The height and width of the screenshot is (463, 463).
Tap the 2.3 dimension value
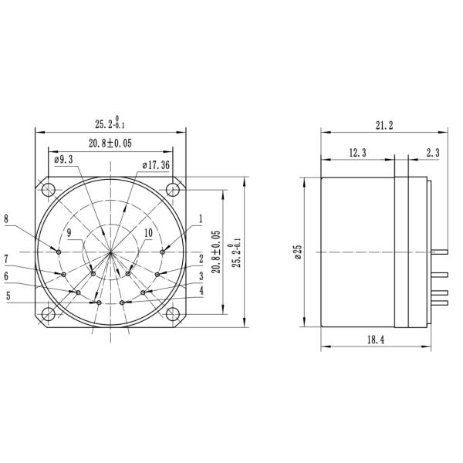[x=432, y=154]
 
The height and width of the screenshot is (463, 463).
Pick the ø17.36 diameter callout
[x=157, y=165]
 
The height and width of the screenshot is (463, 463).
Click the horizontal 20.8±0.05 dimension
[x=110, y=143]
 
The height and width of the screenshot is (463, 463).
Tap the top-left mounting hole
[x=49, y=190]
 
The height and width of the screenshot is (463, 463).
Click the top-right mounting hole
[x=172, y=190]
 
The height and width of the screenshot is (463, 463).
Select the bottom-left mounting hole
[x=49, y=314]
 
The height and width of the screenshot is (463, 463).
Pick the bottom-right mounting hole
[x=172, y=314]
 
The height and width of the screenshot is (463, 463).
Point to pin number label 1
[x=201, y=218]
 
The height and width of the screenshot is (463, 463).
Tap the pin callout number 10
[x=148, y=232]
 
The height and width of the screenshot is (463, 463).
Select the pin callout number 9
[x=69, y=232]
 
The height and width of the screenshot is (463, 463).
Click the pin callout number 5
[x=9, y=295]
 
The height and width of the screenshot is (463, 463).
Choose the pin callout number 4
[x=201, y=291]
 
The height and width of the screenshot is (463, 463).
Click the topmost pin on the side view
[x=441, y=252]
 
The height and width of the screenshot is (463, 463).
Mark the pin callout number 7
[x=6, y=259]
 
